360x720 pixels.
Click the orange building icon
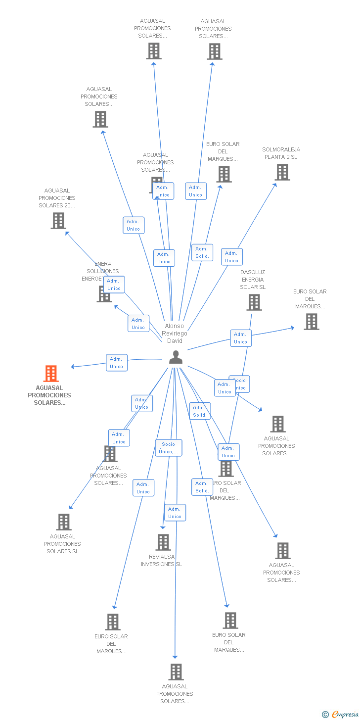click(51, 374)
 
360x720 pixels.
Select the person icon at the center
click(176, 357)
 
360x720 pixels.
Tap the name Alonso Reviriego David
click(175, 333)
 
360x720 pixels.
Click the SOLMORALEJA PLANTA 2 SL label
click(281, 153)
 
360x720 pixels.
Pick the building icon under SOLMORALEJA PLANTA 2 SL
click(282, 172)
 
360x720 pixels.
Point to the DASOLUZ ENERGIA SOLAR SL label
click(253, 280)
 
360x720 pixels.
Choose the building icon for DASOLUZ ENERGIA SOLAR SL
click(254, 302)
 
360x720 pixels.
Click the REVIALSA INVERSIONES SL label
click(162, 560)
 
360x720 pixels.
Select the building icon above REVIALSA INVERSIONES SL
click(163, 542)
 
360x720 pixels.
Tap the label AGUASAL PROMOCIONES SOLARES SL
click(63, 543)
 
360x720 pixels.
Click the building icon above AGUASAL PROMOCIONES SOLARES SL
click(64, 522)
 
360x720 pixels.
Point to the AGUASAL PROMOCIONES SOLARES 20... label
click(57, 198)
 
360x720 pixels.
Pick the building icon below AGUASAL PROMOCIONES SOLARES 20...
click(58, 221)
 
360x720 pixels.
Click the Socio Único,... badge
click(169, 448)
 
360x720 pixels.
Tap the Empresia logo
click(345, 714)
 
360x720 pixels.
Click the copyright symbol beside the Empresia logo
click(325, 714)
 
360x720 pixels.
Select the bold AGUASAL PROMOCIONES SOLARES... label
click(49, 395)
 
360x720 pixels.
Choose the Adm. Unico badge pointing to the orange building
click(117, 363)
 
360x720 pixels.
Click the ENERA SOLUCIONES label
click(102, 271)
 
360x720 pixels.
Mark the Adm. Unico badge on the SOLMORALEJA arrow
click(231, 257)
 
